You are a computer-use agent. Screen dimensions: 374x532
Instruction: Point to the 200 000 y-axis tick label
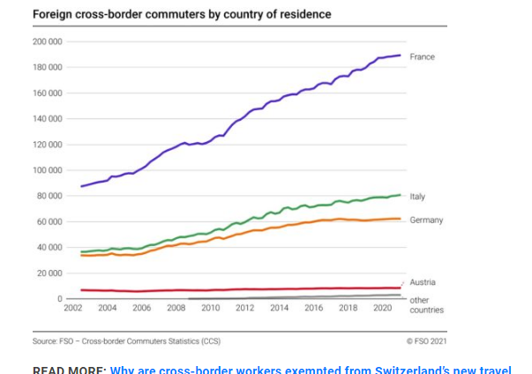[47, 41]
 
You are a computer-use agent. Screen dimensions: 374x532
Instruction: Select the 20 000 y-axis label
[49, 273]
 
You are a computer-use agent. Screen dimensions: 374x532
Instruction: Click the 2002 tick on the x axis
[73, 308]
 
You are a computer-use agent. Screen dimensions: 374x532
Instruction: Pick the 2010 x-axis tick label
[211, 308]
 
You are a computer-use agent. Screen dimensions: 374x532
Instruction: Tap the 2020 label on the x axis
[382, 308]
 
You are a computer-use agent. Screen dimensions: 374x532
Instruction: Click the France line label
[422, 56]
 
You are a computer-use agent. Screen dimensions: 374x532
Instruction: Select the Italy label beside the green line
[417, 197]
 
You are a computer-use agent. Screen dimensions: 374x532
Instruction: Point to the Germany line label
[426, 220]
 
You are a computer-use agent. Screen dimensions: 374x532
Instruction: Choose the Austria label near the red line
[423, 282]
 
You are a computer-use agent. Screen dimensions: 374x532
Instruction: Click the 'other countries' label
[426, 305]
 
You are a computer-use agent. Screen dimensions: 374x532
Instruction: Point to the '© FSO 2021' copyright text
[426, 340]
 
